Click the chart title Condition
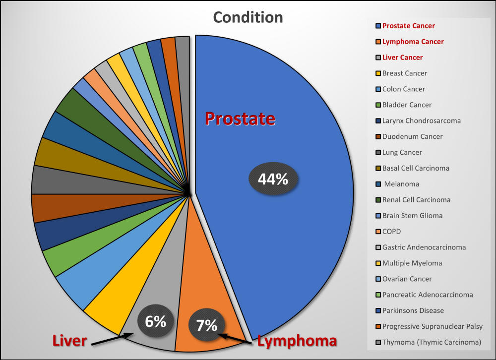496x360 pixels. click(248, 17)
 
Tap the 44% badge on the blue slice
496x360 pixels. click(273, 179)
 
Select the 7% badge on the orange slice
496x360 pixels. click(206, 325)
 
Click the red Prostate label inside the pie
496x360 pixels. click(240, 119)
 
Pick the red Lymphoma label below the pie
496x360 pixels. click(297, 341)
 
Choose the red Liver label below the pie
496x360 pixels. click(70, 341)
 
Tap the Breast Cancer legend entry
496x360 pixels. click(404, 73)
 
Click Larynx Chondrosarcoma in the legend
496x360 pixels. click(421, 121)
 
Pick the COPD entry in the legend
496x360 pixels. click(392, 232)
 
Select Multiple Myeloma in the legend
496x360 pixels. click(412, 263)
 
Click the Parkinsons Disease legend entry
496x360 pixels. click(413, 311)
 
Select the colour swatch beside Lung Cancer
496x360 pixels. click(378, 153)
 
